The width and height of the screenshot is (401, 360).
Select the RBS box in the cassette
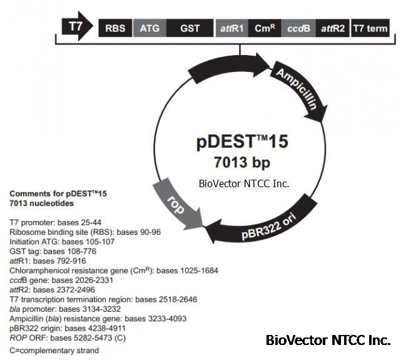point(114,28)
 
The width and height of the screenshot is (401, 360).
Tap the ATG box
point(149,28)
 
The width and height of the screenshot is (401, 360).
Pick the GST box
point(190,28)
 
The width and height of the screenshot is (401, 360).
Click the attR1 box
point(231,28)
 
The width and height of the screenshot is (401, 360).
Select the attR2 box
point(332,28)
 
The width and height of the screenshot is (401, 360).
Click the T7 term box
point(370,28)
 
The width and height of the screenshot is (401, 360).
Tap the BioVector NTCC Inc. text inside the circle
point(238,183)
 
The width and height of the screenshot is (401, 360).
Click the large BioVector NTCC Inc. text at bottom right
point(328,341)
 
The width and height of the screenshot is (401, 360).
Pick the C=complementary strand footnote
point(54,351)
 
